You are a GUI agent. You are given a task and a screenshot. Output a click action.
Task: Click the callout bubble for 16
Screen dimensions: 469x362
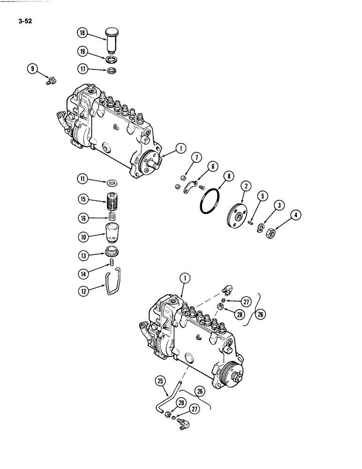click(83, 218)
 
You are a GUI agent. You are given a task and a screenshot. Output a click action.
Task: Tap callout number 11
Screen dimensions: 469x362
click(83, 179)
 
